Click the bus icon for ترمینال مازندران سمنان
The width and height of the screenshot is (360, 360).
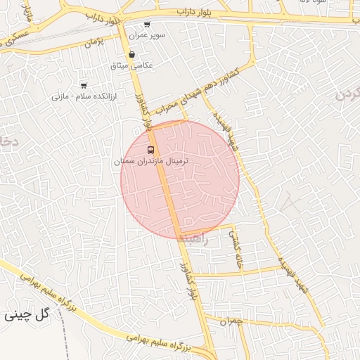coord(150,150)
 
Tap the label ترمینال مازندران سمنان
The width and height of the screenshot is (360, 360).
coord(152,161)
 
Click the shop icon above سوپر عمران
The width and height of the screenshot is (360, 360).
coord(146,25)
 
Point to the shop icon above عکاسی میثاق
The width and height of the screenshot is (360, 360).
coord(131,55)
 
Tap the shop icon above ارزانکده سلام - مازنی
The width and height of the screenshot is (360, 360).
coord(84,85)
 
